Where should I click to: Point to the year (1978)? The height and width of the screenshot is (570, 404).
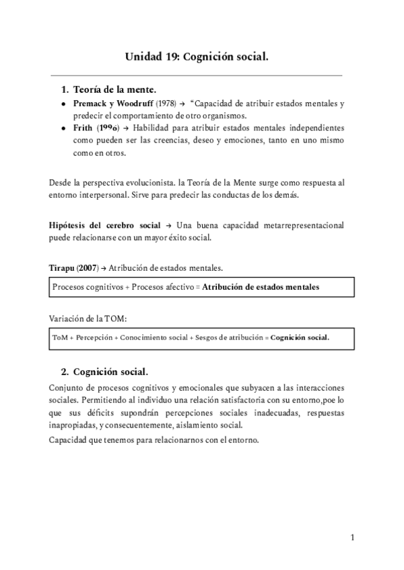coord(167,104)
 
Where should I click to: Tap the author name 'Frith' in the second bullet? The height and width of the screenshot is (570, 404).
coord(86,128)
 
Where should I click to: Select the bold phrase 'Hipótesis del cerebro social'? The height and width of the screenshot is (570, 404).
coord(105,225)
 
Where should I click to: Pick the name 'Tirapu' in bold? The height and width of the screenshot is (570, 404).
coord(64,268)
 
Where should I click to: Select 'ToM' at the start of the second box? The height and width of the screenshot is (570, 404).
coord(59,337)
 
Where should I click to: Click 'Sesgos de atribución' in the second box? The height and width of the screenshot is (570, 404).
coord(226,337)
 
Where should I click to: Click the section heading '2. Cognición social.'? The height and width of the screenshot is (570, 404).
coord(104,372)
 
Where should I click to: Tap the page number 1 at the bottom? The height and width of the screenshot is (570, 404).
coord(352,537)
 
